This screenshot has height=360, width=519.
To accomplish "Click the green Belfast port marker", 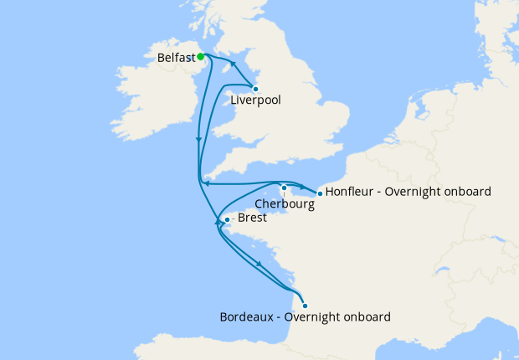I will (x=201, y=57).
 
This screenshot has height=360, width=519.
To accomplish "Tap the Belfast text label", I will (x=176, y=59).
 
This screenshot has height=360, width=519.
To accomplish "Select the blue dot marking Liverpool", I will (x=255, y=88).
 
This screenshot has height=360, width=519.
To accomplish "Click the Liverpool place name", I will (x=254, y=100).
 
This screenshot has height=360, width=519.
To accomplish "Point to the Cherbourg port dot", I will (x=285, y=188).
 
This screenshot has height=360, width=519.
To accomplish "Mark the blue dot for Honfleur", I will (x=320, y=193).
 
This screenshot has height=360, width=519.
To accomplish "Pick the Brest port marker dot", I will (x=226, y=221).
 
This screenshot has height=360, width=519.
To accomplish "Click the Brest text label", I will (x=253, y=218).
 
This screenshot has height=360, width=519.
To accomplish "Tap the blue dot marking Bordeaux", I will (x=305, y=306).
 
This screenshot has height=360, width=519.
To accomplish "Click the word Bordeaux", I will (x=247, y=317).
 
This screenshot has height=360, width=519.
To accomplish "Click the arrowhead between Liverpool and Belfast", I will (x=234, y=66).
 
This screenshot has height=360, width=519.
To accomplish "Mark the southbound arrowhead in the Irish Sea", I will (x=198, y=140).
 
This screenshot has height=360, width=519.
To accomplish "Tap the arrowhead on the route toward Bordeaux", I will (x=259, y=265).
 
